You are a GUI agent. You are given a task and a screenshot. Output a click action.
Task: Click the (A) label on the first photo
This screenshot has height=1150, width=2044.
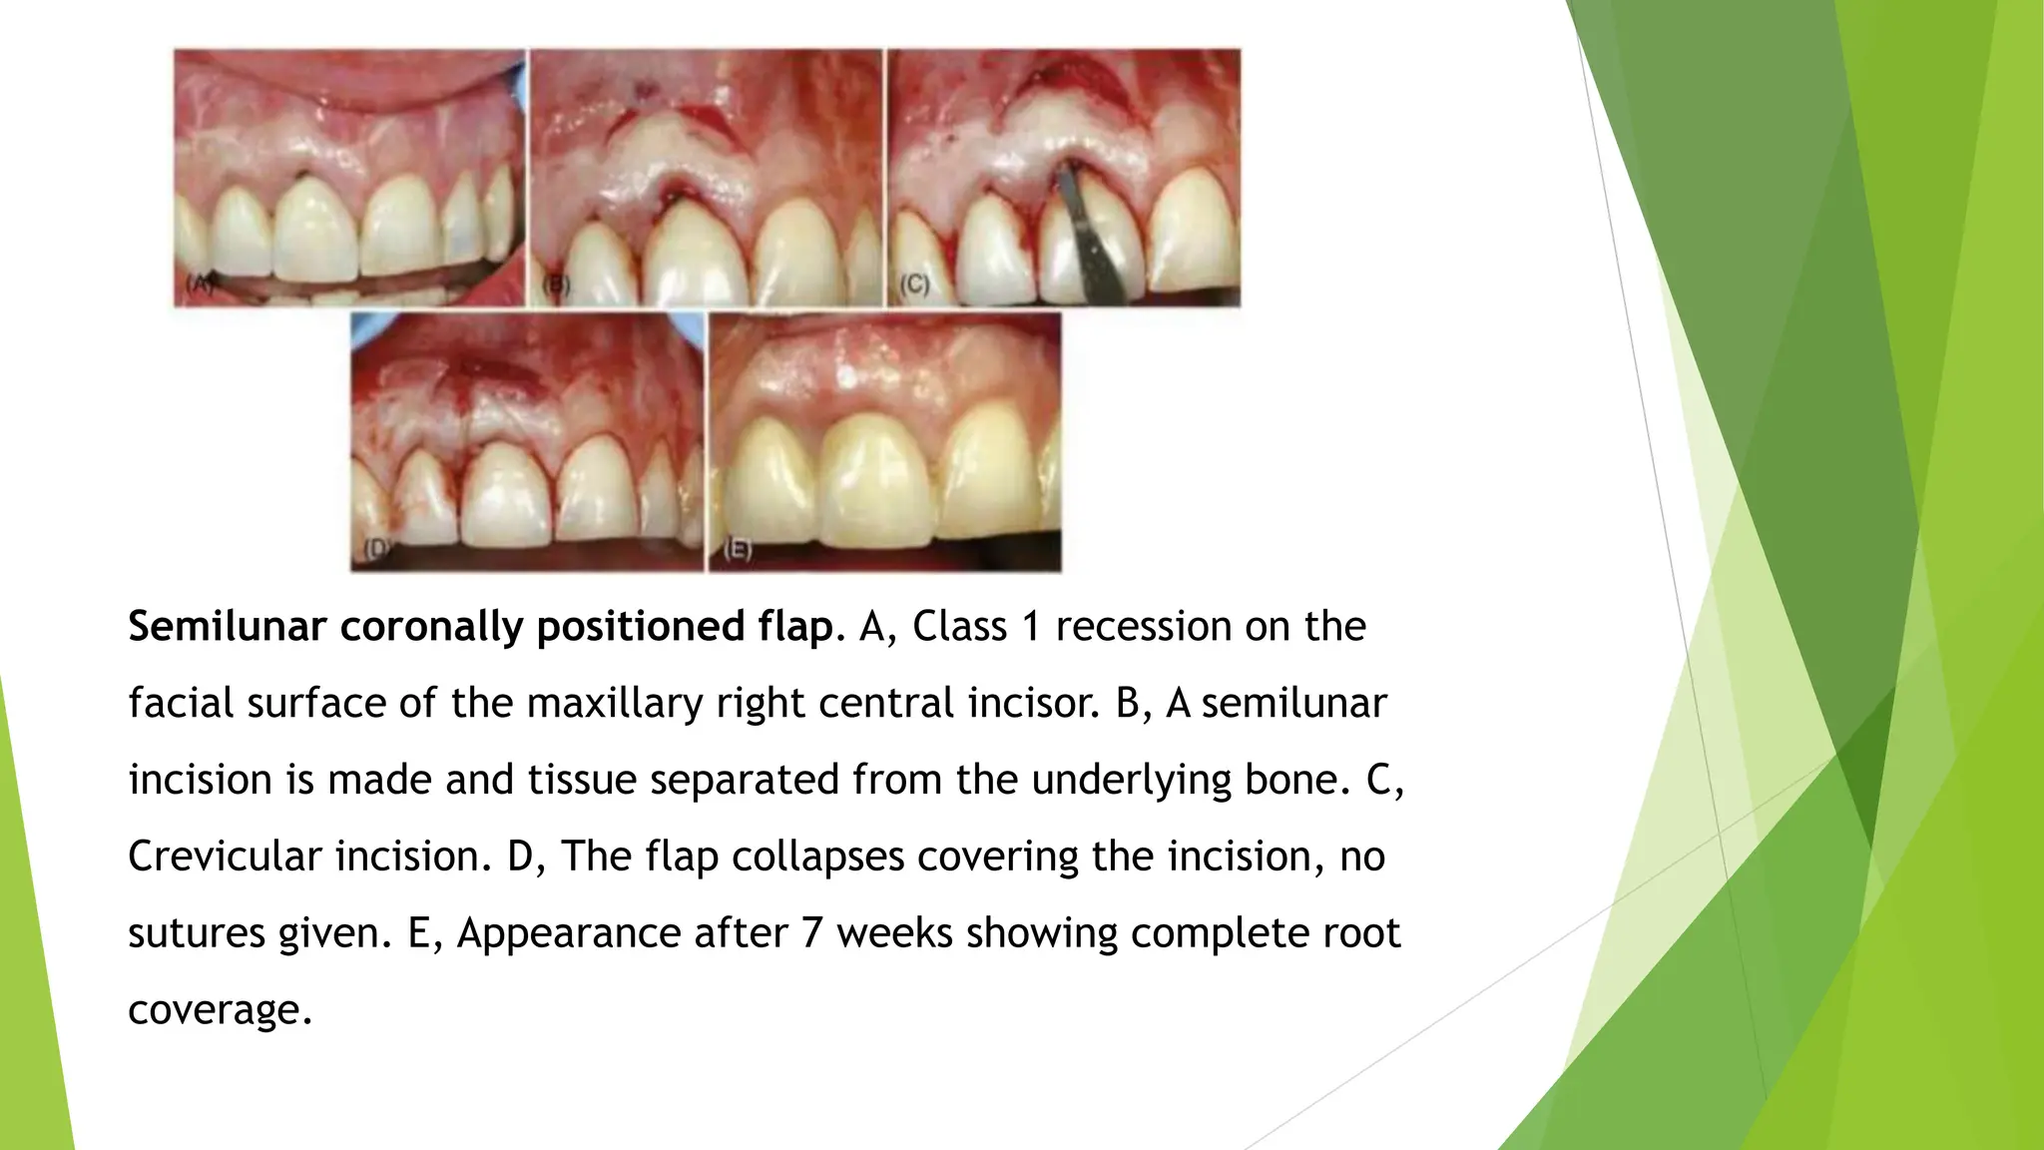201,284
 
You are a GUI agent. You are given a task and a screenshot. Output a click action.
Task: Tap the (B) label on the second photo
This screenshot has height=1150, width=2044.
556,286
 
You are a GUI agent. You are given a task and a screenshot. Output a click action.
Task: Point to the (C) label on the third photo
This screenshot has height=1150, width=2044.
914,285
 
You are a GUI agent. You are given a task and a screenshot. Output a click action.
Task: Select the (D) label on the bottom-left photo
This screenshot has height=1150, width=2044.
376,548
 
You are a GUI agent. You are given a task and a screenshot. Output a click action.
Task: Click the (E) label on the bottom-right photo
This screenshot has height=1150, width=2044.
737,549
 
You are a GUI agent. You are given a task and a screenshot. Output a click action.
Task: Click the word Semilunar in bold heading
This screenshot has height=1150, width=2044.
228,627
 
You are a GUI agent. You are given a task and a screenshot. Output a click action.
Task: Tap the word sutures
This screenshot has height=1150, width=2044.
196,933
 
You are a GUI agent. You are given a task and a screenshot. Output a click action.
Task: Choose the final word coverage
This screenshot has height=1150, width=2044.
220,1010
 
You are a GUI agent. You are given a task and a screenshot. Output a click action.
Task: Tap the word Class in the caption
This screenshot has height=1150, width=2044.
960,627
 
